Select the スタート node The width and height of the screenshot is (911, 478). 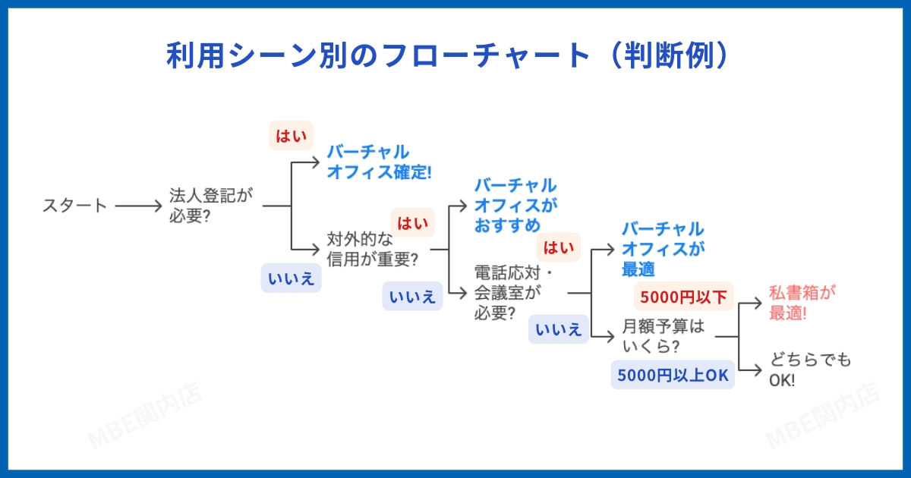pyautogui.click(x=74, y=206)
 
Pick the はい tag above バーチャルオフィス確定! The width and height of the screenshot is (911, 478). pyautogui.click(x=292, y=136)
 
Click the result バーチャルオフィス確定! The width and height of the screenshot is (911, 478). pyautogui.click(x=378, y=162)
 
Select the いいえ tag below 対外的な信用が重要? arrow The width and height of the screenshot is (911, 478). pyautogui.click(x=291, y=278)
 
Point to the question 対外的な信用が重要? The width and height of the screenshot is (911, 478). pyautogui.click(x=372, y=249)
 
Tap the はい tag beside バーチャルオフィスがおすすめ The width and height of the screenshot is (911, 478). pyautogui.click(x=412, y=223)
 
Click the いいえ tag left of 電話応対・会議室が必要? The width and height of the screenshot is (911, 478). pyautogui.click(x=412, y=297)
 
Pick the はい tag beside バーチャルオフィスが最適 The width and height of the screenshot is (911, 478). pyautogui.click(x=559, y=247)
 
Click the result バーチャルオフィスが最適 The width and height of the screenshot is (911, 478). pyautogui.click(x=663, y=249)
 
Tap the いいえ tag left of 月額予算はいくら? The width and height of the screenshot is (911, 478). pyautogui.click(x=559, y=329)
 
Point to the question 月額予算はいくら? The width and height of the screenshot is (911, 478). pyautogui.click(x=663, y=336)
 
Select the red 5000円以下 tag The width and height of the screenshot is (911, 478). pyautogui.click(x=683, y=296)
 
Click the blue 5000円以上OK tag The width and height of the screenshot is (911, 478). pyautogui.click(x=673, y=375)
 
